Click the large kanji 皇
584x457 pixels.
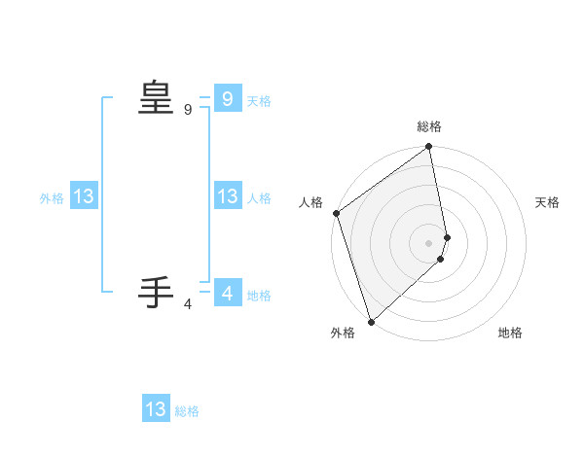pos(156,97)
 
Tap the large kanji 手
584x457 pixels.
pos(156,292)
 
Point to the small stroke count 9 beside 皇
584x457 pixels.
pos(188,111)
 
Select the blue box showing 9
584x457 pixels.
pos(227,98)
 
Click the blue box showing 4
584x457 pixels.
pos(227,293)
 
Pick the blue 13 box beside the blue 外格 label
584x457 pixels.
pos(84,196)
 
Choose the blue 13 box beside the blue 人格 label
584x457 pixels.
pos(227,196)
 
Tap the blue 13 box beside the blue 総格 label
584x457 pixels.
pos(156,409)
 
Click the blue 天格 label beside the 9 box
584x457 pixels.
pos(259,101)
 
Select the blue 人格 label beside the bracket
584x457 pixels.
pos(259,198)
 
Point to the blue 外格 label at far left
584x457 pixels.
pos(52,198)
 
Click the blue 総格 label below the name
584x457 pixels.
pos(187,412)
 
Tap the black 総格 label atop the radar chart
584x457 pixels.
pos(429,126)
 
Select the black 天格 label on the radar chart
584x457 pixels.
pos(548,202)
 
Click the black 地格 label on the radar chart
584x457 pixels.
pos(510,333)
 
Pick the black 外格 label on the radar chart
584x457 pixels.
pos(343,333)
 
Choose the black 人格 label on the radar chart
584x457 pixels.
pos(310,202)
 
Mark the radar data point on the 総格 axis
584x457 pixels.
pos(429,148)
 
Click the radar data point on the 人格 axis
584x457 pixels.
pos(336,213)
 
